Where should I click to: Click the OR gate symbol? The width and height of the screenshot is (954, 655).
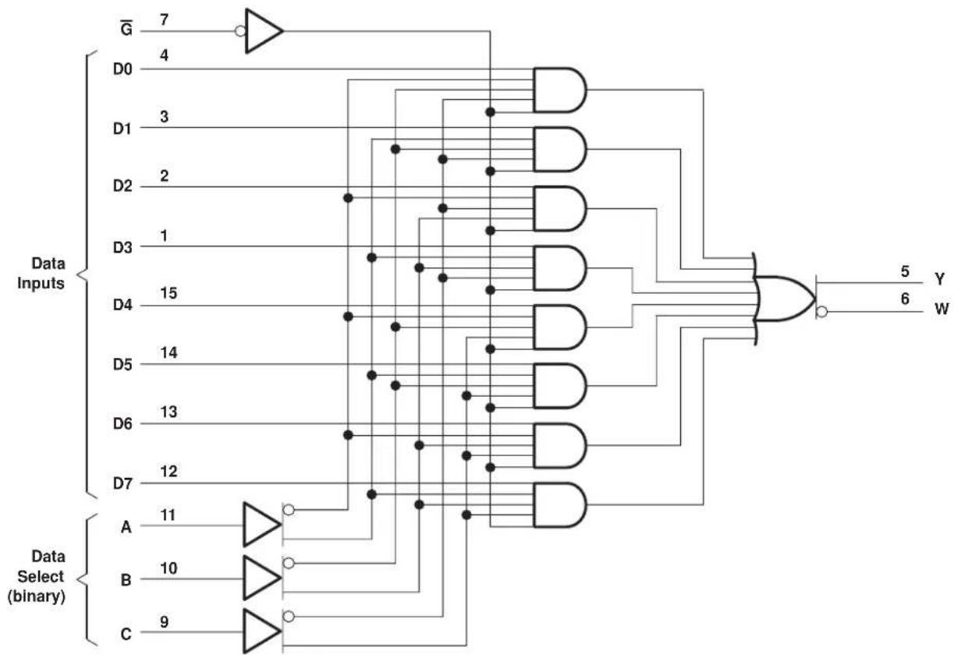coord(784,299)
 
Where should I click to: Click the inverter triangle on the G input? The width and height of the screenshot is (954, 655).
coord(263,31)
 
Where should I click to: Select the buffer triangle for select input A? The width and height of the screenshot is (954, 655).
coord(262,525)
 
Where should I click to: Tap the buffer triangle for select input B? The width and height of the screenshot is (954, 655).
coord(262,578)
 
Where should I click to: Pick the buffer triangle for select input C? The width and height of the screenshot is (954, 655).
coord(262,631)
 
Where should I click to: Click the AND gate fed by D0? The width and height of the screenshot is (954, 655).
coord(559,90)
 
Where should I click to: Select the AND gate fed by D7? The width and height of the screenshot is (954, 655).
coord(559,505)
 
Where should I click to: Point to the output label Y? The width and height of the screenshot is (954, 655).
coord(939,279)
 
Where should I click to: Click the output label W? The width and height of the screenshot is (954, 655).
coord(942,309)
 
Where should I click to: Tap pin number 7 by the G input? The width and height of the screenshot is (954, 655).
coord(165,19)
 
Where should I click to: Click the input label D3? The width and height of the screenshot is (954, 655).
coord(122,247)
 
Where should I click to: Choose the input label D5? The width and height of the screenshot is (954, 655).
coord(122,365)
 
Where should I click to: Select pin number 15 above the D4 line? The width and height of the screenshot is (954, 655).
coord(168,293)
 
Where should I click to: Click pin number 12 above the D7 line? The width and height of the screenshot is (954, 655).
coord(168,471)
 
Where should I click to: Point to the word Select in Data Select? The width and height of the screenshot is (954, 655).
coord(41,576)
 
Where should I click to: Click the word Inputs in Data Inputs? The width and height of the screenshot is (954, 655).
coord(41,283)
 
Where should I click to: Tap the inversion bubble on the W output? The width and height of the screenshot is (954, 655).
coord(822,312)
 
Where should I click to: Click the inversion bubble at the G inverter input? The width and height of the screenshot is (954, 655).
coord(240,31)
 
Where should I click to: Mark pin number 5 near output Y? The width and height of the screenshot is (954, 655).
coord(906,271)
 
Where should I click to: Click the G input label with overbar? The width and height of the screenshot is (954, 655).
coord(126,28)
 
